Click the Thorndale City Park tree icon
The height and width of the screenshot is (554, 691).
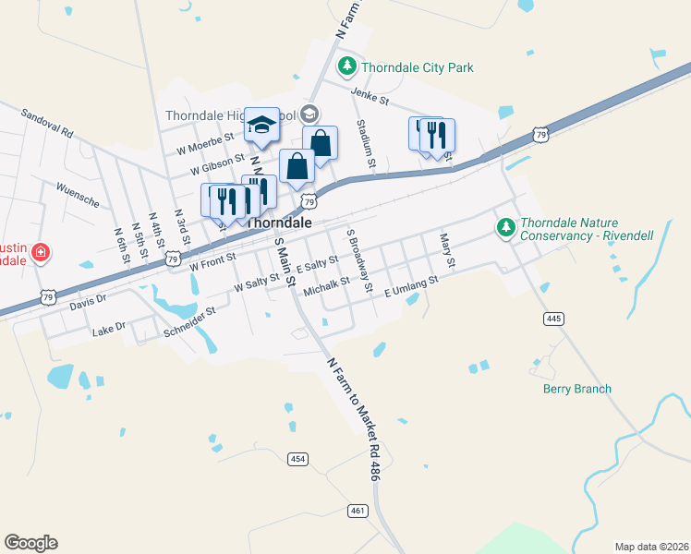pyautogui.click(x=347, y=66)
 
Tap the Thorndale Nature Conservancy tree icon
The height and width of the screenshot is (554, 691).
pyautogui.click(x=505, y=226)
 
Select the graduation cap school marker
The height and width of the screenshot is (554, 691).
pyautogui.click(x=262, y=126)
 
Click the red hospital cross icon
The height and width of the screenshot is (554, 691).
pyautogui.click(x=40, y=252)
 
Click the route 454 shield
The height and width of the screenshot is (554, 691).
pyautogui.click(x=297, y=459)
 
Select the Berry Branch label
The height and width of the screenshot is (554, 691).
pyautogui.click(x=576, y=389)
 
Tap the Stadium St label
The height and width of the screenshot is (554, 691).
pyautogui.click(x=367, y=146)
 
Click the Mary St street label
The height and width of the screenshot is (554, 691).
pyautogui.click(x=447, y=250)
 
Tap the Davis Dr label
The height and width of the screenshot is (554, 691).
pyautogui.click(x=89, y=301)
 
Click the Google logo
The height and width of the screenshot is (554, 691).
pyautogui.click(x=30, y=543)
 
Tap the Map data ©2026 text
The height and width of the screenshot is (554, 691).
pyautogui.click(x=651, y=547)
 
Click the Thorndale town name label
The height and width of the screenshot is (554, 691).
pyautogui.click(x=279, y=223)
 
